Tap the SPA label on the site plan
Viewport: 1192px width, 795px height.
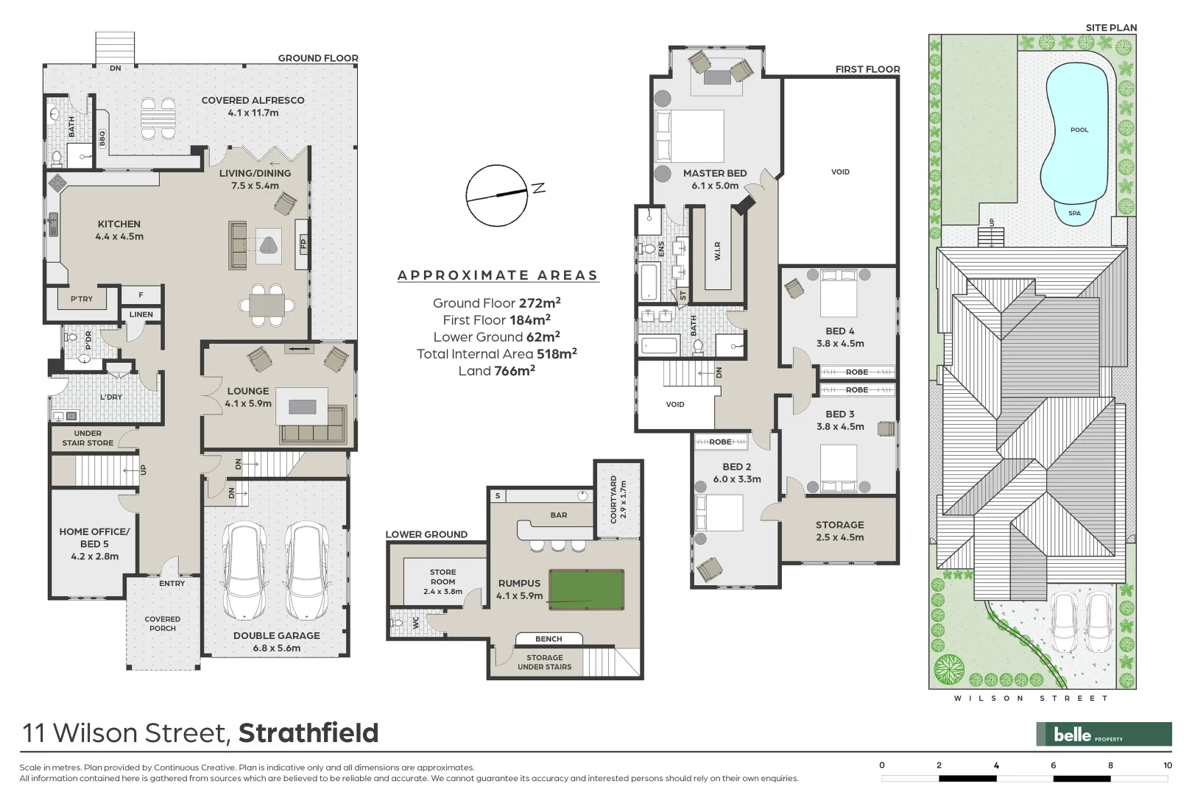click(1074, 213)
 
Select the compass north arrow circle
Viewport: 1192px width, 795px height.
click(497, 195)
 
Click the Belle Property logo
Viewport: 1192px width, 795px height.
click(1103, 734)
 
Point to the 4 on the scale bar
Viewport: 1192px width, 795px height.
click(996, 766)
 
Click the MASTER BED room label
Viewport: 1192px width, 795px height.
click(714, 174)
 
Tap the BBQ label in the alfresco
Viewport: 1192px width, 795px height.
click(102, 138)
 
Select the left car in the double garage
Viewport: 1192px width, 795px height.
click(245, 571)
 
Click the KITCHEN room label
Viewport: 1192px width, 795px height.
click(119, 225)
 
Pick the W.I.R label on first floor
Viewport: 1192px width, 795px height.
click(717, 251)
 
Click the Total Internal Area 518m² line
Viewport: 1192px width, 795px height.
click(496, 354)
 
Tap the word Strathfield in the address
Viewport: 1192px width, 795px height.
click(308, 733)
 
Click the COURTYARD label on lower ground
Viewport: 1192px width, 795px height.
click(613, 498)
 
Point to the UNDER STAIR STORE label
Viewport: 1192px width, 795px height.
click(88, 438)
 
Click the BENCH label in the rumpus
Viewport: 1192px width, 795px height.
click(549, 639)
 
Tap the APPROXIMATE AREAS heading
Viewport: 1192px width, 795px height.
click(497, 275)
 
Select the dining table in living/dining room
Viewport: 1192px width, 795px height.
click(267, 304)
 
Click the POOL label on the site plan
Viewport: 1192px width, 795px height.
click(1079, 130)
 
